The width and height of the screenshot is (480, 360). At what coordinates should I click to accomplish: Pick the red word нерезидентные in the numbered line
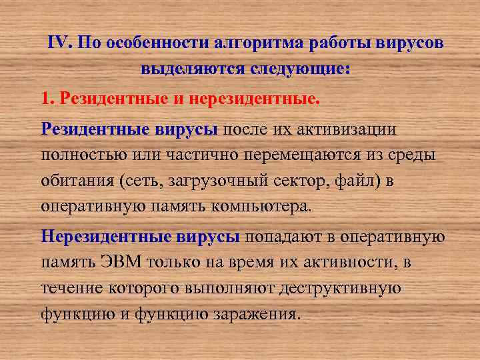coord(253,99)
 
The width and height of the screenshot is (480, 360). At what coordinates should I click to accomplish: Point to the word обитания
coord(74,180)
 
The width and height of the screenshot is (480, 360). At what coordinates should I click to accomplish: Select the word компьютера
coord(260,205)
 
